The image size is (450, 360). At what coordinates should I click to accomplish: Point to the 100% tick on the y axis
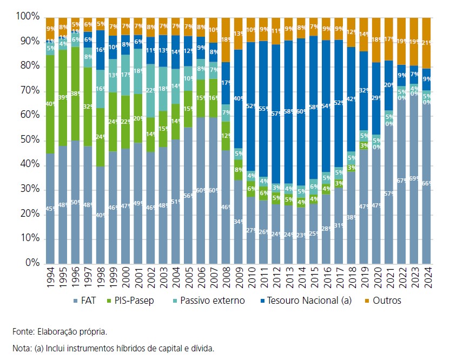pyautogui.click(x=29, y=17)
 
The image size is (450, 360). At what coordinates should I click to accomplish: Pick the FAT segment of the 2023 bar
pyautogui.click(x=414, y=178)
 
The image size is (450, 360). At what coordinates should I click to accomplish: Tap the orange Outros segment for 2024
pyautogui.click(x=427, y=43)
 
